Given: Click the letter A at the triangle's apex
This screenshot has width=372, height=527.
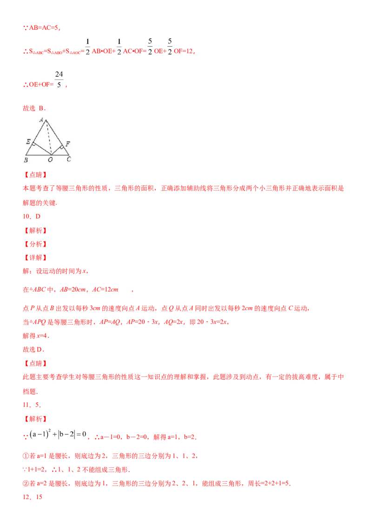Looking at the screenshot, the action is (x=41, y=120).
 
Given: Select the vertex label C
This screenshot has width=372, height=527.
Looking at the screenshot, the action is (x=69, y=160).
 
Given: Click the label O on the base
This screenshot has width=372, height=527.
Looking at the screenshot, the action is (x=51, y=160).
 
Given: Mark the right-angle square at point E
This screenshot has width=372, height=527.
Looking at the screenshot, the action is (x=34, y=145).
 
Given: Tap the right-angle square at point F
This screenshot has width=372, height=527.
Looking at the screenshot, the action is (x=61, y=148).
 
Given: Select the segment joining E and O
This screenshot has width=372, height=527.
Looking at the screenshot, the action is (x=41, y=149).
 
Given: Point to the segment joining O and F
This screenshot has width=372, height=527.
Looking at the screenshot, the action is (x=56, y=150).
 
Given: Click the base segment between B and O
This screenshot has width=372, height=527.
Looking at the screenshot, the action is (x=38, y=155).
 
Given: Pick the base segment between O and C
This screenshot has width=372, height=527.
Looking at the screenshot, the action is (x=60, y=155).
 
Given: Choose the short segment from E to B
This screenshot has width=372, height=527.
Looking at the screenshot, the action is (x=29, y=149).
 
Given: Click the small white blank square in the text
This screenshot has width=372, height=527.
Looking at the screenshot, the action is (x=125, y=285).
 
